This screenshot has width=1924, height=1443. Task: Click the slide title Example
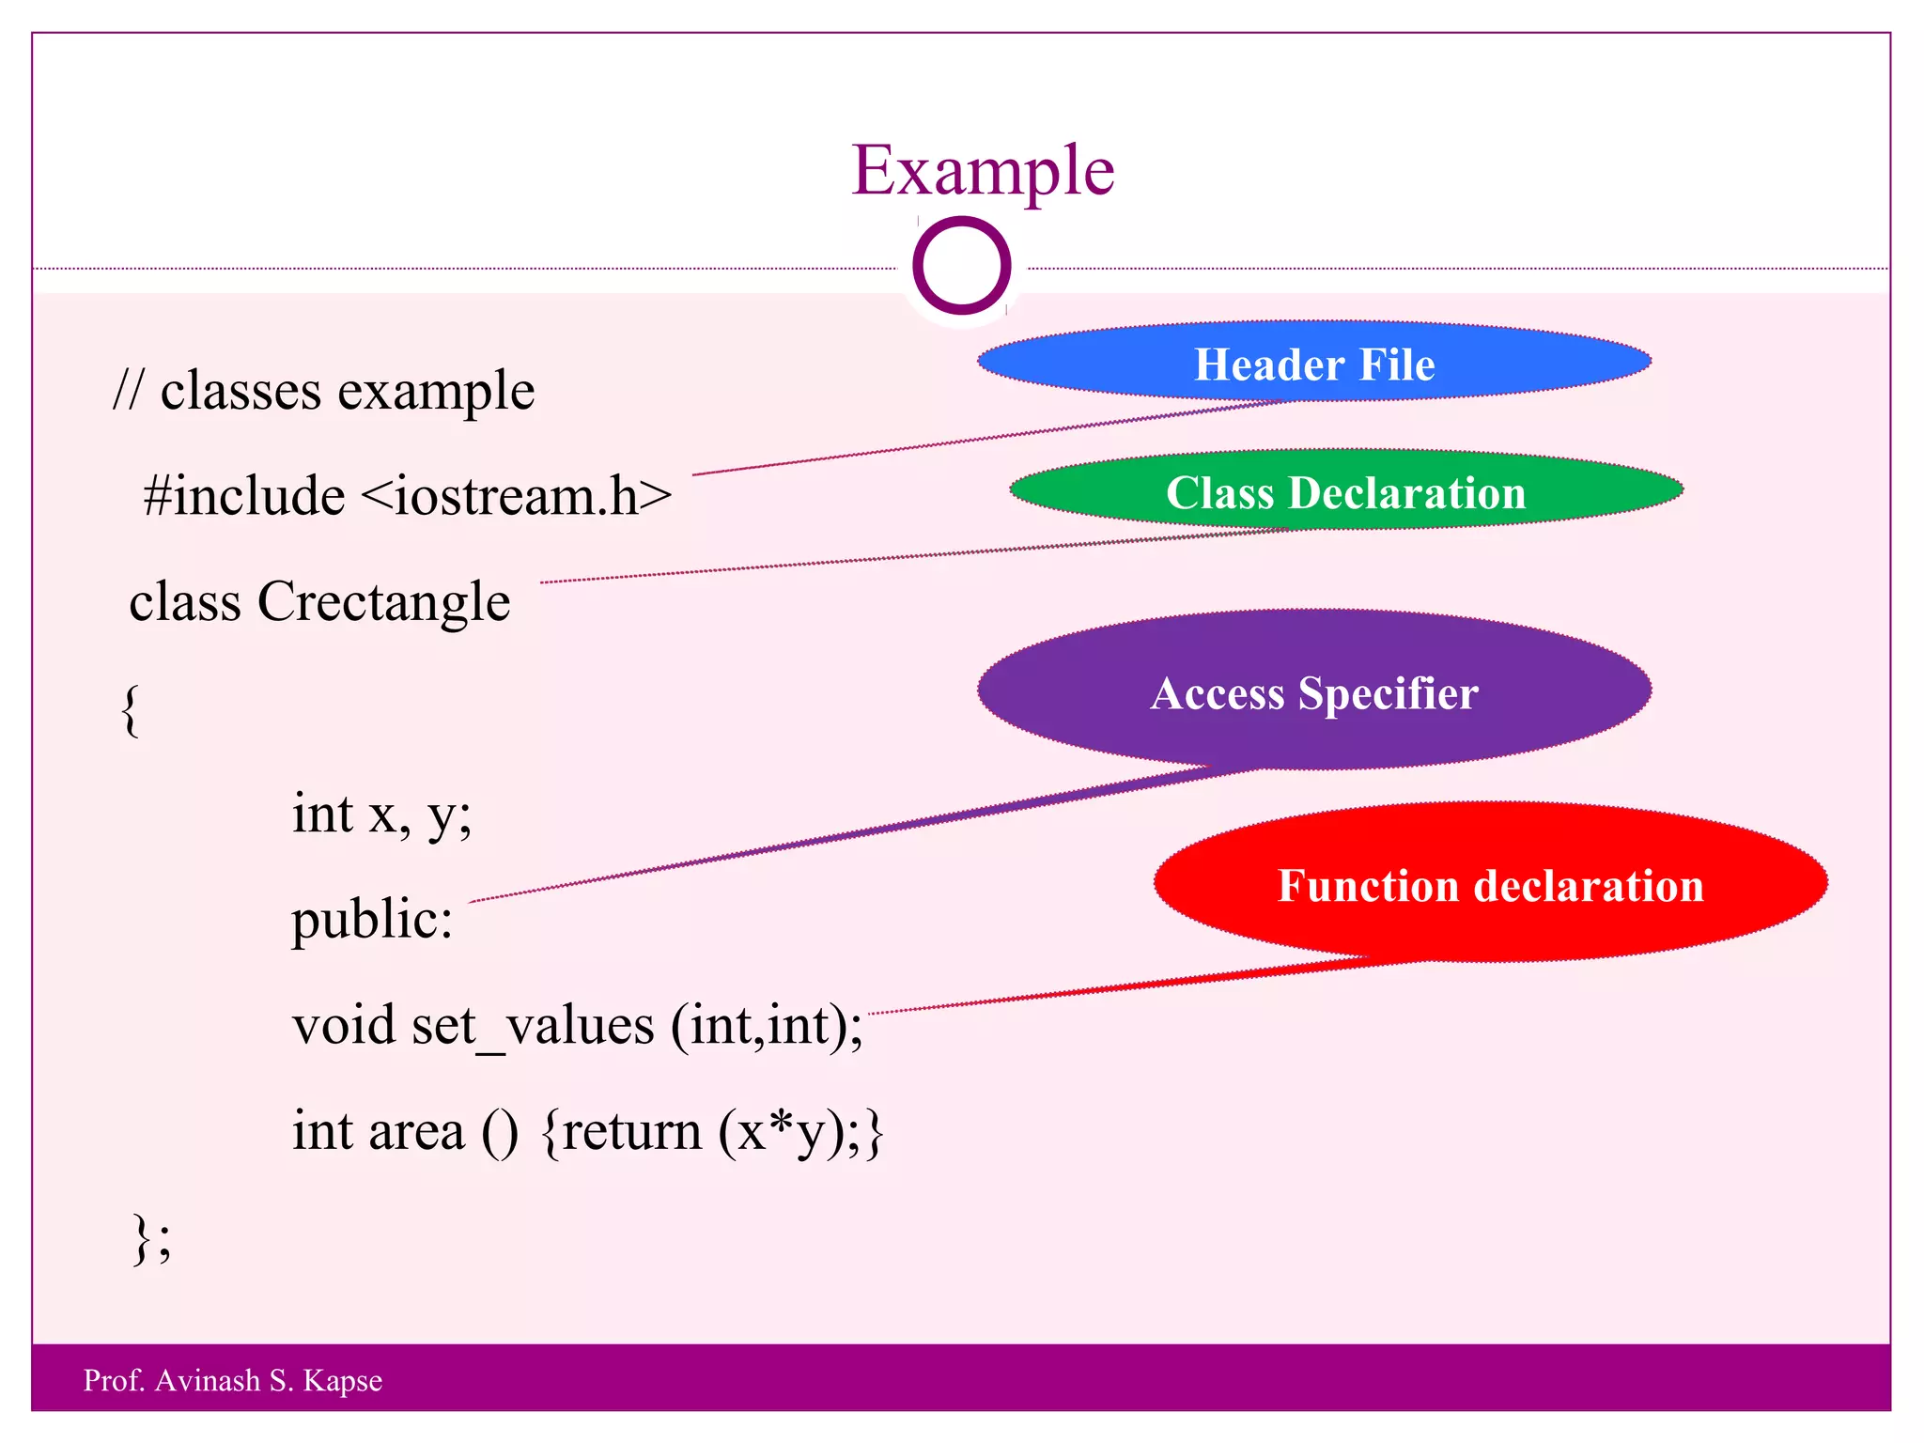pyautogui.click(x=982, y=171)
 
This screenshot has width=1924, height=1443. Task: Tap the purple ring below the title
pyautogui.click(x=961, y=266)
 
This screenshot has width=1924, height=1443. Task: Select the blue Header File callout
pyautogui.click(x=1313, y=364)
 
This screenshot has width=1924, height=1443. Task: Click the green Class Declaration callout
pyautogui.click(x=1345, y=492)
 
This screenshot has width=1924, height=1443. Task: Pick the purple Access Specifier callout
pyautogui.click(x=1313, y=692)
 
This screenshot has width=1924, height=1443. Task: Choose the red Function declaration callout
pyautogui.click(x=1490, y=884)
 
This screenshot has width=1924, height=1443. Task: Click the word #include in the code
pyautogui.click(x=244, y=496)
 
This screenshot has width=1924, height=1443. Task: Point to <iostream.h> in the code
pyautogui.click(x=516, y=496)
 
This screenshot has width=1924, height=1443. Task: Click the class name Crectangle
pyautogui.click(x=383, y=602)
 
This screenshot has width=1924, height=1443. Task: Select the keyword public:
pyautogui.click(x=372, y=919)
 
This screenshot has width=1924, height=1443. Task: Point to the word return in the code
pyautogui.click(x=632, y=1131)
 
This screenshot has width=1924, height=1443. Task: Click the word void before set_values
pyautogui.click(x=343, y=1026)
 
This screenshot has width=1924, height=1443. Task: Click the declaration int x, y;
pyautogui.click(x=381, y=814)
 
